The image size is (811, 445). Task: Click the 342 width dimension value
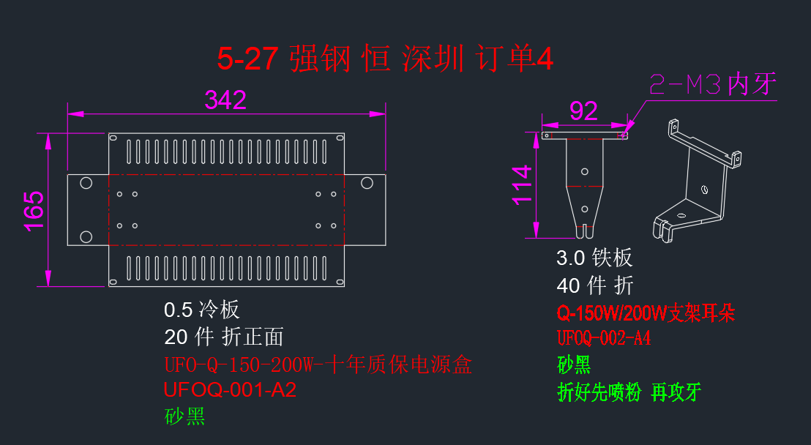[x=225, y=100]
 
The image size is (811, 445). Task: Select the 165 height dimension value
[x=34, y=211]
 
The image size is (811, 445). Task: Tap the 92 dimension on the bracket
[x=583, y=111]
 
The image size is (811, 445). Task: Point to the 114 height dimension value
[x=522, y=185]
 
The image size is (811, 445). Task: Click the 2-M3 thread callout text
[x=713, y=84]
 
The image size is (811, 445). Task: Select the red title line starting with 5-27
[x=385, y=59]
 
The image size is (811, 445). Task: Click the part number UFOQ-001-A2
[x=230, y=389]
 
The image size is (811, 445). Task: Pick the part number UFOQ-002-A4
[x=604, y=338]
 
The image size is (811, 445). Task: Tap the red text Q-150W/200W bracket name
[x=646, y=313]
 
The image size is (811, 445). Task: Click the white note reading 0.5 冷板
[x=202, y=310]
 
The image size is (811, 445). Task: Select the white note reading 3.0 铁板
[x=594, y=258]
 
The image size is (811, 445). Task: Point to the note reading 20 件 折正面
[x=224, y=337]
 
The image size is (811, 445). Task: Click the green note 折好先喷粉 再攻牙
[x=629, y=392]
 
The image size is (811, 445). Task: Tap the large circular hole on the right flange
[x=367, y=183]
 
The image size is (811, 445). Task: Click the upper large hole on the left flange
[x=86, y=183]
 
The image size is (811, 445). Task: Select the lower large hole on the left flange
[x=86, y=237]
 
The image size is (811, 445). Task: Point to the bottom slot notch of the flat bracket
[x=584, y=231]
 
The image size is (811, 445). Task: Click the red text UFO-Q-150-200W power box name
[x=318, y=364]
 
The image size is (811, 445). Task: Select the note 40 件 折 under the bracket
[x=595, y=285]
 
